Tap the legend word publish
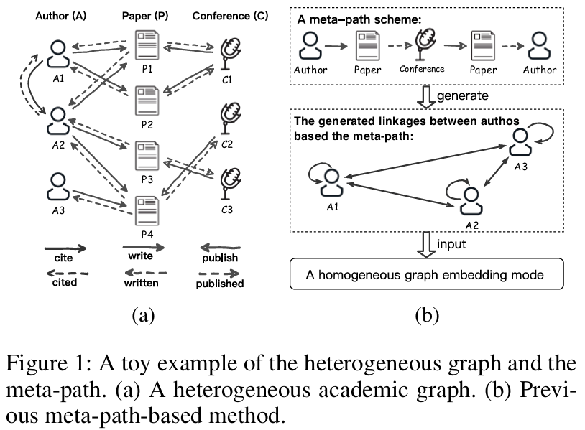(220, 257)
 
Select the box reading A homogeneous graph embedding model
(426, 274)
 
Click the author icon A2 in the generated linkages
(469, 200)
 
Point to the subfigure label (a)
(142, 314)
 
